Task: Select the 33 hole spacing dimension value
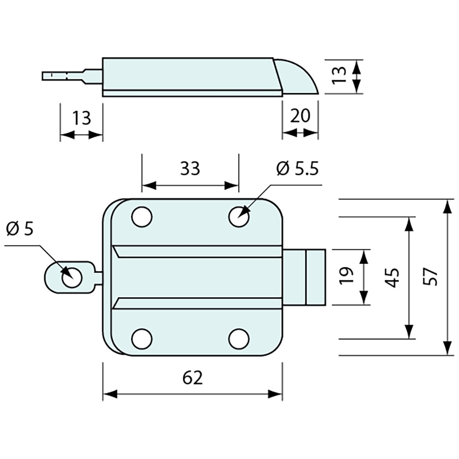190,169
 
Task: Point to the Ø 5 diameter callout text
20,229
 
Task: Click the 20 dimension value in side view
300,116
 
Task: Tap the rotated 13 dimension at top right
340,76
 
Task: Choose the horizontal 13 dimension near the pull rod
81,119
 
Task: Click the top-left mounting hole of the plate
141,217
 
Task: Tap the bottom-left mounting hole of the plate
141,338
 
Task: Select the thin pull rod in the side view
67,76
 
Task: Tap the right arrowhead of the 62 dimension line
275,394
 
